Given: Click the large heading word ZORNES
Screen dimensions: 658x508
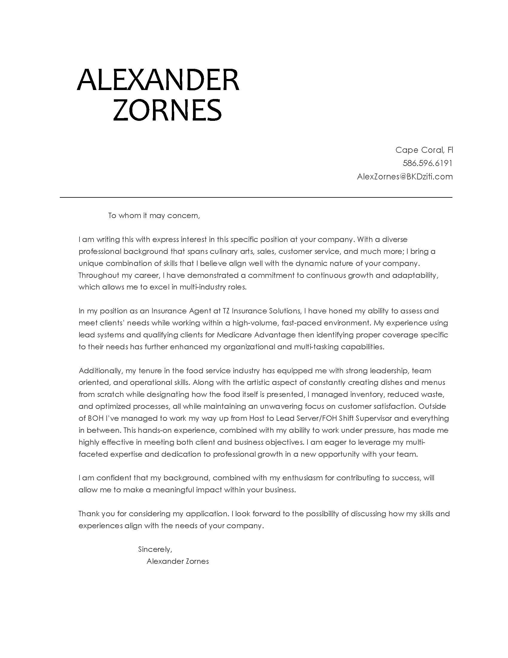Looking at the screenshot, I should pos(167,110).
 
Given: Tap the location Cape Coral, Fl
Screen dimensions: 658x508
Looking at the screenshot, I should pos(424,150).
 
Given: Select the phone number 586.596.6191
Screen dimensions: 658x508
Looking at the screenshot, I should pos(427,163).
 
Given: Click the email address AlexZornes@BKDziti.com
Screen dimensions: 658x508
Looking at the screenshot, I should pos(405,176).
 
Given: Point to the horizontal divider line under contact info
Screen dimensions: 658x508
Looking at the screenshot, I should pos(256,197).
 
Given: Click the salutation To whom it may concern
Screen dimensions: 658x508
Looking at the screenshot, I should pos(154,216).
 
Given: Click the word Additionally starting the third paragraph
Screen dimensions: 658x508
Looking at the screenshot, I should pos(100,371).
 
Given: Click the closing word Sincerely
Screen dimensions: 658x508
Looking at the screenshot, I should pos(155,549).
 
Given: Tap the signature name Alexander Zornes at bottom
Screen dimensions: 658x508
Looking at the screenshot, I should pos(178,561).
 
